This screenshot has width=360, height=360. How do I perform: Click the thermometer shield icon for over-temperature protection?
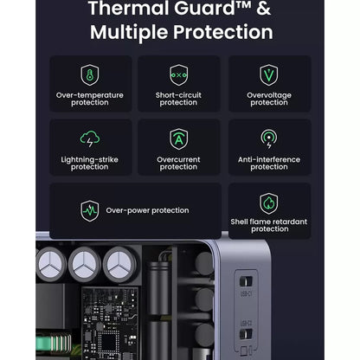click(x=89, y=74)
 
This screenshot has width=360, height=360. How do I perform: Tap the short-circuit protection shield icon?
click(x=179, y=74)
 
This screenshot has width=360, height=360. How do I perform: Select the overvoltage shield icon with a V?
click(x=269, y=74)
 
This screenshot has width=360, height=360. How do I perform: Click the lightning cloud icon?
click(x=89, y=138)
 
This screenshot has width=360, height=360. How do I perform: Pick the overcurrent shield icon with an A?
click(x=179, y=138)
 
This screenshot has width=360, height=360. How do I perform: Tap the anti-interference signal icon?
click(x=269, y=138)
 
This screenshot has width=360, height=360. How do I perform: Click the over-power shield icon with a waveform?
click(x=89, y=209)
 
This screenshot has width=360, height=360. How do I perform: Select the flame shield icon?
click(x=269, y=203)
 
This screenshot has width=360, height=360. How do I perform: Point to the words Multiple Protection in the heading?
click(x=181, y=34)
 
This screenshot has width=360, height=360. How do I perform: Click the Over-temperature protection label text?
click(x=89, y=99)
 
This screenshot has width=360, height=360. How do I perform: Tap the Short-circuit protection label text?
click(x=179, y=99)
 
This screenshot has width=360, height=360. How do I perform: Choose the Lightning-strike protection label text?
click(x=89, y=163)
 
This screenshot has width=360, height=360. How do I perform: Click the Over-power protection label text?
click(x=147, y=209)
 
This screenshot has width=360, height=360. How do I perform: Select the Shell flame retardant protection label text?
click(x=269, y=225)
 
